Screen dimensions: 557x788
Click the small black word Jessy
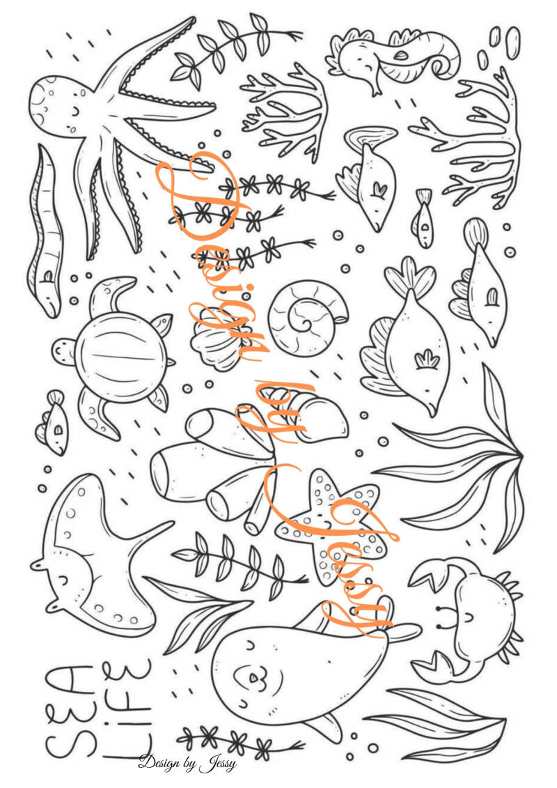pyautogui.click(x=217, y=765)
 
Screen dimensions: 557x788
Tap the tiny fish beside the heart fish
pyautogui.click(x=424, y=218)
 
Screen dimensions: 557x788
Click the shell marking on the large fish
pyautogui.click(x=427, y=360)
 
